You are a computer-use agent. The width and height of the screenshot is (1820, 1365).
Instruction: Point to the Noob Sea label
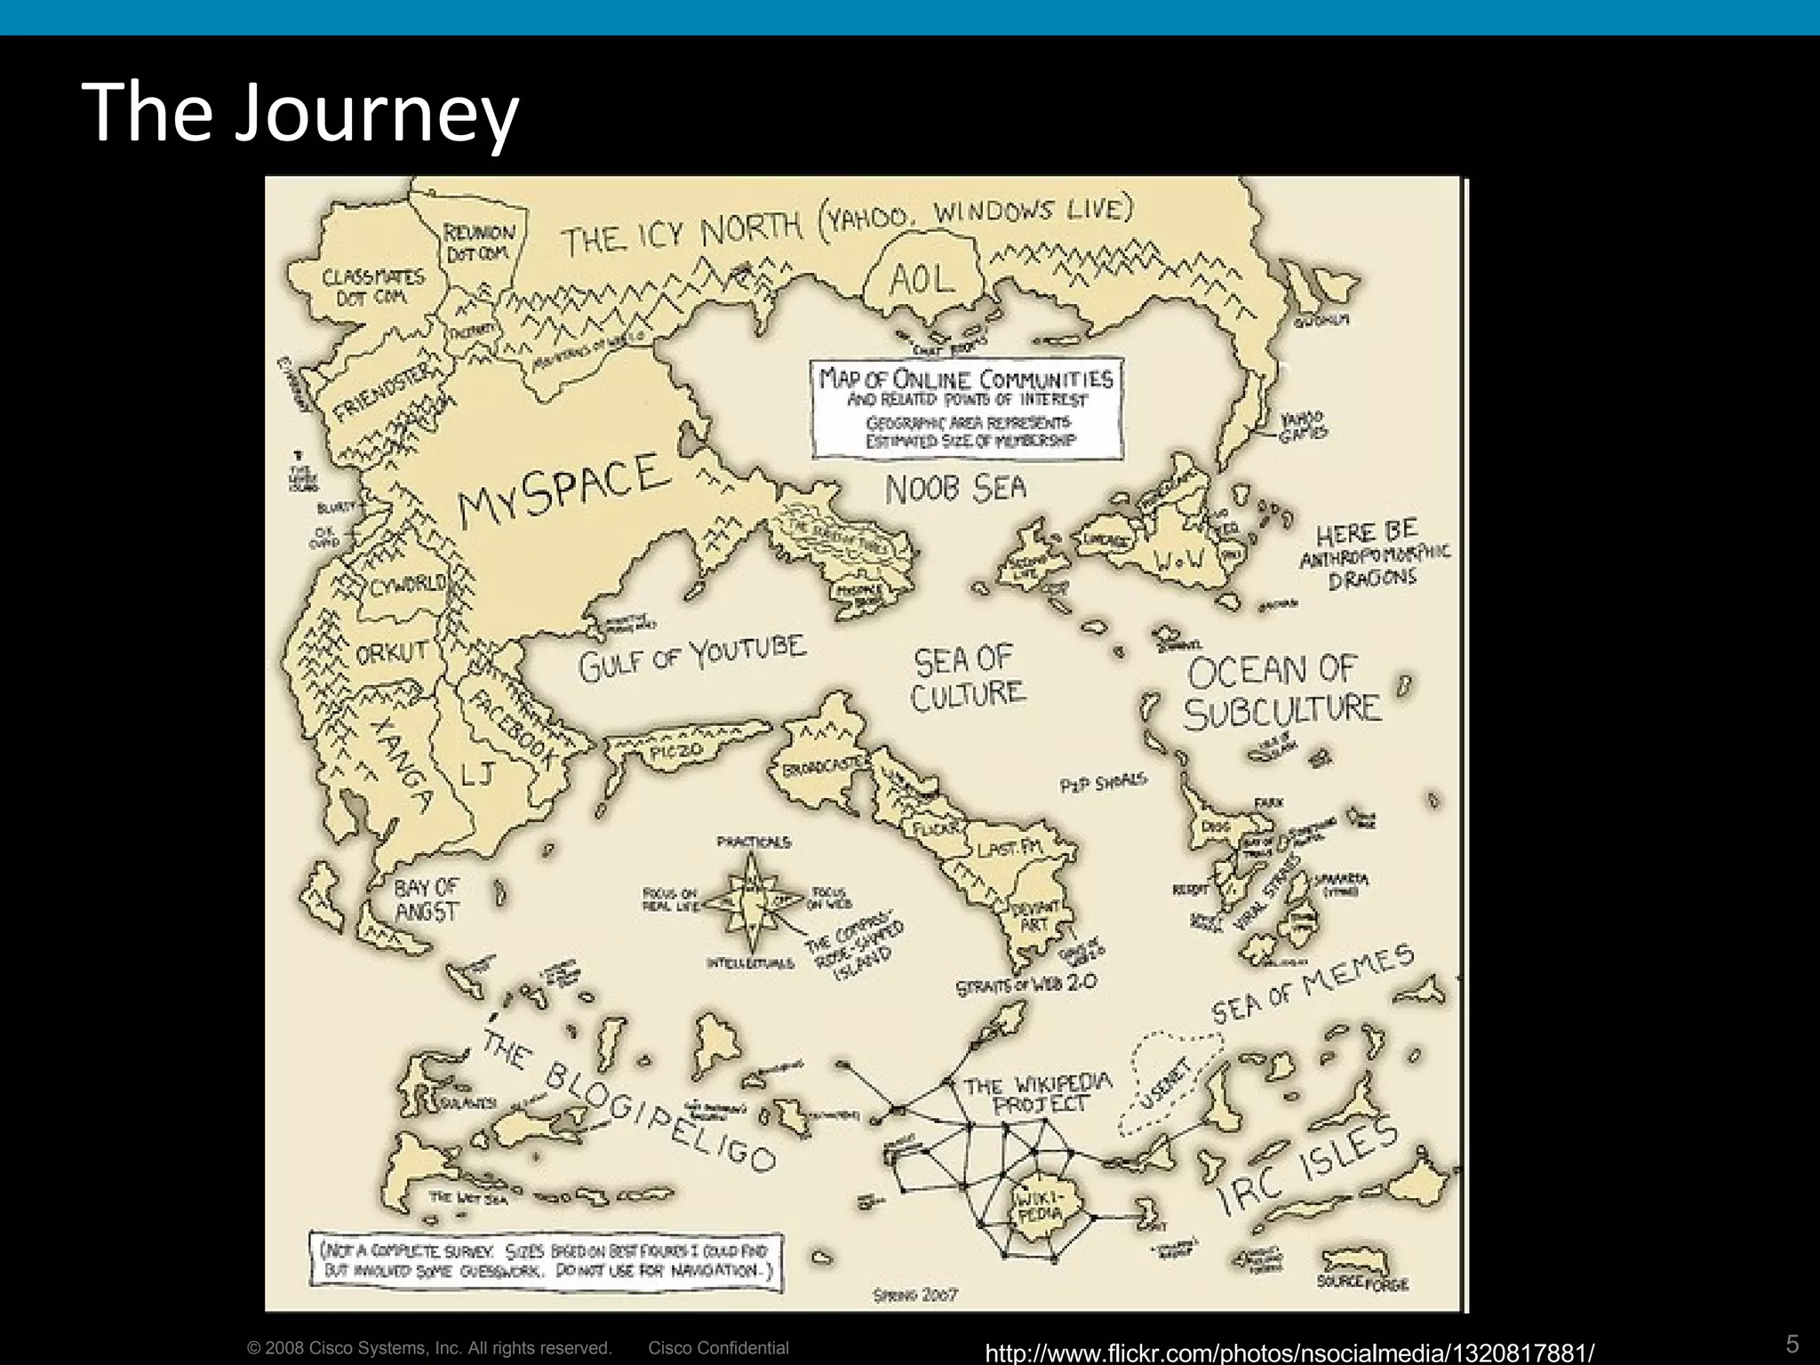(955, 488)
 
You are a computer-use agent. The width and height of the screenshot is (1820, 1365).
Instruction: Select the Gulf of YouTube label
(692, 657)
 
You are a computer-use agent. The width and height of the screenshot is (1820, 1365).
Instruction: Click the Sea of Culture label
(967, 677)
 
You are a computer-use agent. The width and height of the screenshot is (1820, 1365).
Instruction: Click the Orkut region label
(392, 653)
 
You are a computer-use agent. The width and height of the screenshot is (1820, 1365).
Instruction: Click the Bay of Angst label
(427, 898)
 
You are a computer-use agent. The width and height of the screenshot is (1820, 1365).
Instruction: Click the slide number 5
(1792, 1344)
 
